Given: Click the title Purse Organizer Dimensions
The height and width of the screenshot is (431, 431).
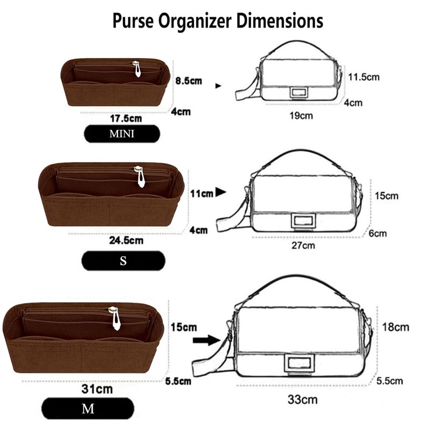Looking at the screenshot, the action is tap(218, 22).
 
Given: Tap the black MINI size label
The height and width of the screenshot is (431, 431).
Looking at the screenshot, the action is tap(121, 134).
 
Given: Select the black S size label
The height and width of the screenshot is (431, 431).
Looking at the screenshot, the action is tap(123, 262).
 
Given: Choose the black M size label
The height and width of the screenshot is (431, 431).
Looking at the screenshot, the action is tap(86, 409).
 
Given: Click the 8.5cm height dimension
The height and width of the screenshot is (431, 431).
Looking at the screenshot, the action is tap(189, 81).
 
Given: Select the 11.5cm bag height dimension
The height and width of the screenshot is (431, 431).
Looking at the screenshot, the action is tap(363, 77).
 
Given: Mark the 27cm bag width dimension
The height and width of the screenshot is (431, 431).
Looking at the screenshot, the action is tap(303, 246).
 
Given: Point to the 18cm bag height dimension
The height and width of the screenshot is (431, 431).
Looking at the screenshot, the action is tap(395, 326).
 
